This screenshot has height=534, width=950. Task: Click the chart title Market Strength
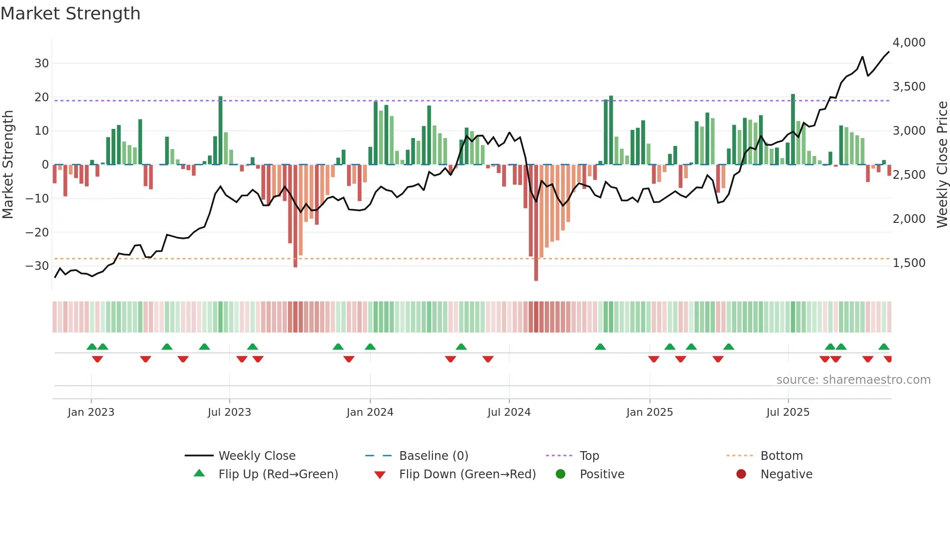coord(70,14)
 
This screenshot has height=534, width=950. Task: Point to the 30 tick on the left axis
coord(42,63)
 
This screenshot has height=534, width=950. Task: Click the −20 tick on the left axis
coord(37,233)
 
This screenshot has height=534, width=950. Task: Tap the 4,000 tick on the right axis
coord(909,43)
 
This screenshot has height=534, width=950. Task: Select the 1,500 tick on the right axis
coord(909,263)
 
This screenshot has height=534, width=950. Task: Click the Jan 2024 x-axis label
coord(370,412)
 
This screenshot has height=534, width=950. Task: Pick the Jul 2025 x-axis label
coord(788,412)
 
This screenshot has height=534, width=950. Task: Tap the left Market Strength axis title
coord(8,165)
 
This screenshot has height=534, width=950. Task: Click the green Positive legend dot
coord(561,474)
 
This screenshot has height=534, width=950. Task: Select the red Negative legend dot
coord(741,474)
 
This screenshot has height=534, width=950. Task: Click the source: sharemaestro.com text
coord(853,380)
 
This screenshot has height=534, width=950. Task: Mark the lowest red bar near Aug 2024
coord(536,223)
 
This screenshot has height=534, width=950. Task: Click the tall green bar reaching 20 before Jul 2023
coord(221,131)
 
